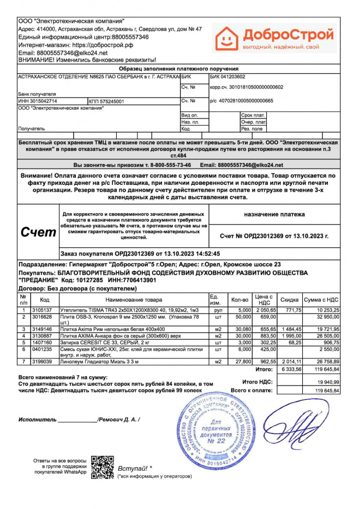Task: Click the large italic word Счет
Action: click(38, 232)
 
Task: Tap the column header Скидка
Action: click(289, 300)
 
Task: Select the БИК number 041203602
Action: click(228, 77)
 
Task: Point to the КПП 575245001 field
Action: click(106, 101)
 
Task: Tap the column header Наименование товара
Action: click(134, 300)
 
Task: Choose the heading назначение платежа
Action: click(274, 214)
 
